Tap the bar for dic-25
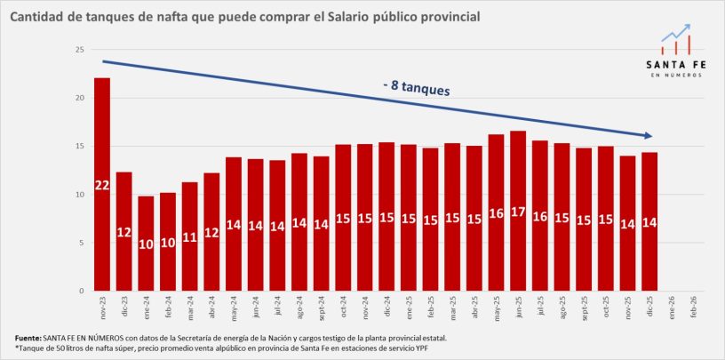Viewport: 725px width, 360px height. pyautogui.click(x=649, y=221)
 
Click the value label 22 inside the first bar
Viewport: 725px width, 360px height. pyautogui.click(x=102, y=184)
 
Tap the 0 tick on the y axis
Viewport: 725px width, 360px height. pyautogui.click(x=81, y=291)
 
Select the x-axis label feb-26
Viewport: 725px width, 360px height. pyautogui.click(x=693, y=308)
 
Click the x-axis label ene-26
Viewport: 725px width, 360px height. pyautogui.click(x=671, y=308)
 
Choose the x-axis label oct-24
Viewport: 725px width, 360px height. pyautogui.click(x=343, y=308)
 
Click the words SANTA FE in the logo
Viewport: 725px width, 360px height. pyautogui.click(x=676, y=64)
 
